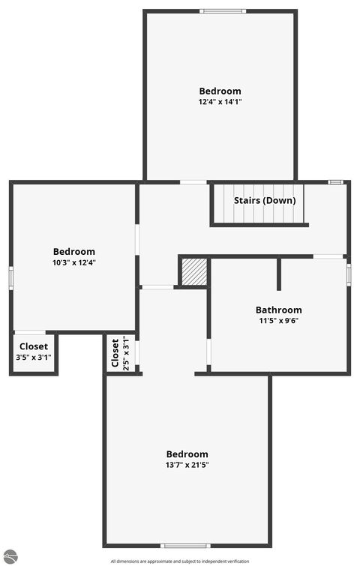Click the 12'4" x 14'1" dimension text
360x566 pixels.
coord(220,102)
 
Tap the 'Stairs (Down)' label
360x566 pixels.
coord(265,200)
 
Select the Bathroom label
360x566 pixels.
coord(278,310)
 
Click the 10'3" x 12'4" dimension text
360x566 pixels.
coord(73,262)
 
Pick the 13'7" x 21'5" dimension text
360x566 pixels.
coord(187,465)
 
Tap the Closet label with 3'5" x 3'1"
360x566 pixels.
coord(34,346)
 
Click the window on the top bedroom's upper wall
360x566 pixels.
coord(222,11)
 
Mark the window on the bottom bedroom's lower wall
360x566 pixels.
coord(185,546)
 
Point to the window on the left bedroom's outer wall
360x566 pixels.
coord(11,277)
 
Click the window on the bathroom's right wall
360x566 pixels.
coord(349,273)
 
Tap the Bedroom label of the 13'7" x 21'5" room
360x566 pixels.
coord(187,454)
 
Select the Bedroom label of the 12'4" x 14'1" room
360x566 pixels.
coord(220,91)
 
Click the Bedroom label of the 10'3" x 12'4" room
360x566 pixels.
coord(73,251)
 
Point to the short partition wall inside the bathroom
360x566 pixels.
coord(279,274)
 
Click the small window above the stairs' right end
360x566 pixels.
coord(336,182)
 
